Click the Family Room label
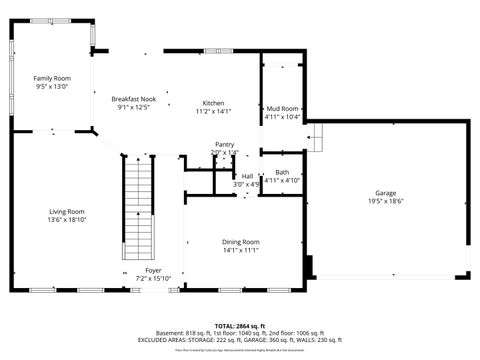point(52,78)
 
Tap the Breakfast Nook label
point(133,98)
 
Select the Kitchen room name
point(214,103)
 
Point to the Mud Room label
point(282,108)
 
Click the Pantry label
point(224,144)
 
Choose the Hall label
point(246,176)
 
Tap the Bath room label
point(282,172)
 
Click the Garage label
point(386,192)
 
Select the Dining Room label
point(240,242)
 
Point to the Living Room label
point(68,211)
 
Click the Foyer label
point(153,270)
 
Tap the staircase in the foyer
point(139,210)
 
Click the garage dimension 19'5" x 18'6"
point(386,201)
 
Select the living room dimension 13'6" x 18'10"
point(68,220)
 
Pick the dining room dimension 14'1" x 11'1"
point(240,250)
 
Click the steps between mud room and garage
point(315,136)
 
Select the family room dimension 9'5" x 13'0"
point(52,87)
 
